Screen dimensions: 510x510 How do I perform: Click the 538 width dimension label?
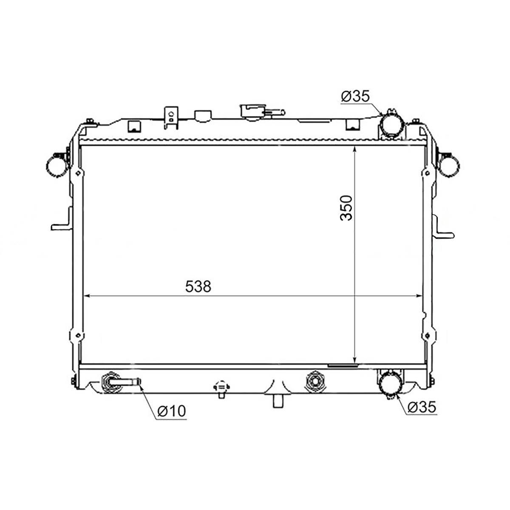[x=198, y=286]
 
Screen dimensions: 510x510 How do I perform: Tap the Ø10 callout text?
[x=172, y=411]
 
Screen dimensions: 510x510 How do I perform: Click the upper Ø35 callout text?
[x=355, y=96]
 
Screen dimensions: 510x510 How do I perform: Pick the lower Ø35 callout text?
[x=422, y=407]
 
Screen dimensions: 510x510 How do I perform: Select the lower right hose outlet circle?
[x=391, y=382]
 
